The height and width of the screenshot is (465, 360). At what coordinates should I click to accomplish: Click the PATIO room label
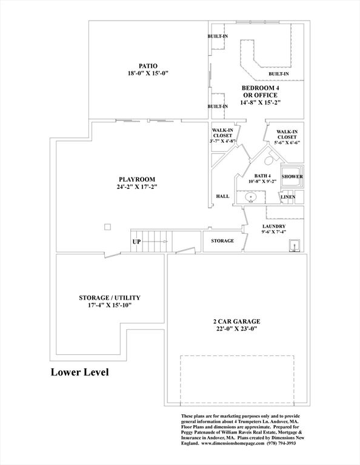(148, 66)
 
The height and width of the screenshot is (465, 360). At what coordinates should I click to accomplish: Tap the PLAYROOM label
(137, 179)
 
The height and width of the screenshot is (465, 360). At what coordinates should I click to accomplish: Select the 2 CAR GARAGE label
(237, 322)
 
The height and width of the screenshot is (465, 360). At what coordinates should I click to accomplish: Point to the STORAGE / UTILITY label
(110, 298)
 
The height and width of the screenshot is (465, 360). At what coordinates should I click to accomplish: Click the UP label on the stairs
(136, 242)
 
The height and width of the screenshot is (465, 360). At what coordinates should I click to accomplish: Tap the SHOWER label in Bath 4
(292, 176)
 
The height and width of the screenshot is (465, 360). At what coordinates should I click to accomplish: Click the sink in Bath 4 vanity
(251, 197)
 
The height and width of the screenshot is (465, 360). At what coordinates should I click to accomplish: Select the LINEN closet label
(288, 197)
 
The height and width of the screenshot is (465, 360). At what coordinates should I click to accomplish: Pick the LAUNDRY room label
(274, 226)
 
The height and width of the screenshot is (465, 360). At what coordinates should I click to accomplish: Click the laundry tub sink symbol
(295, 246)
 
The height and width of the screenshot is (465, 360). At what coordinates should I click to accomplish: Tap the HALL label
(222, 196)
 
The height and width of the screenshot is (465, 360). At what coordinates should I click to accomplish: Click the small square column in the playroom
(108, 227)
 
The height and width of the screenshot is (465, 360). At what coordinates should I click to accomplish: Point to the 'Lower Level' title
(80, 372)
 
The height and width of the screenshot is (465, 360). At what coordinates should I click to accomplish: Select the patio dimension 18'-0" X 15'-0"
(148, 73)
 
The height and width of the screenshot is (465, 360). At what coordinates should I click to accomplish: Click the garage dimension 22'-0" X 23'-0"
(237, 329)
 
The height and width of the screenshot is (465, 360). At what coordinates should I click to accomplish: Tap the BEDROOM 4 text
(260, 88)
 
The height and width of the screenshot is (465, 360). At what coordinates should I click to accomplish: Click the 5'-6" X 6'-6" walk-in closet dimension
(287, 142)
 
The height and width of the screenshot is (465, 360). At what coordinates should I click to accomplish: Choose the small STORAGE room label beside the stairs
(222, 241)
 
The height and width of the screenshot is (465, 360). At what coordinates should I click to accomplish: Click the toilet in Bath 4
(270, 159)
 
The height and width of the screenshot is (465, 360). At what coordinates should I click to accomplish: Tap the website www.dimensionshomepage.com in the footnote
(233, 443)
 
